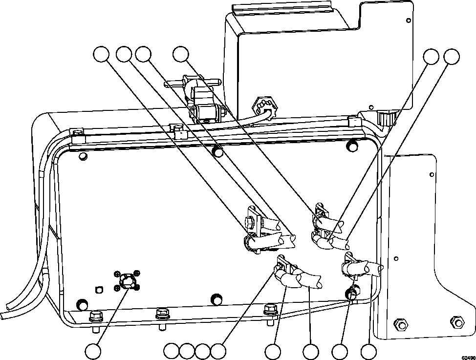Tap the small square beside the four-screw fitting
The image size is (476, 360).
(99, 289)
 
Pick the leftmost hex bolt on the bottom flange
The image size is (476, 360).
(95, 316)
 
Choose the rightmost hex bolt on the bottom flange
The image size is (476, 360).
(269, 309)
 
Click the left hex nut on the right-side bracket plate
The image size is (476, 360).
(401, 324)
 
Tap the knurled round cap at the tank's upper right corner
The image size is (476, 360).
(384, 117)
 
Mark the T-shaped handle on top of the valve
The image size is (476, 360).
(193, 83)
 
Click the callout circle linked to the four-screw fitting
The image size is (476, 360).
(93, 351)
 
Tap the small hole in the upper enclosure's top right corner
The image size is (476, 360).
(409, 21)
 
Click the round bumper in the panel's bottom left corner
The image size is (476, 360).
(82, 301)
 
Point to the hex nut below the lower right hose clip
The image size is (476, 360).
(352, 293)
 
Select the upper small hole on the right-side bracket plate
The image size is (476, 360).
(432, 174)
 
